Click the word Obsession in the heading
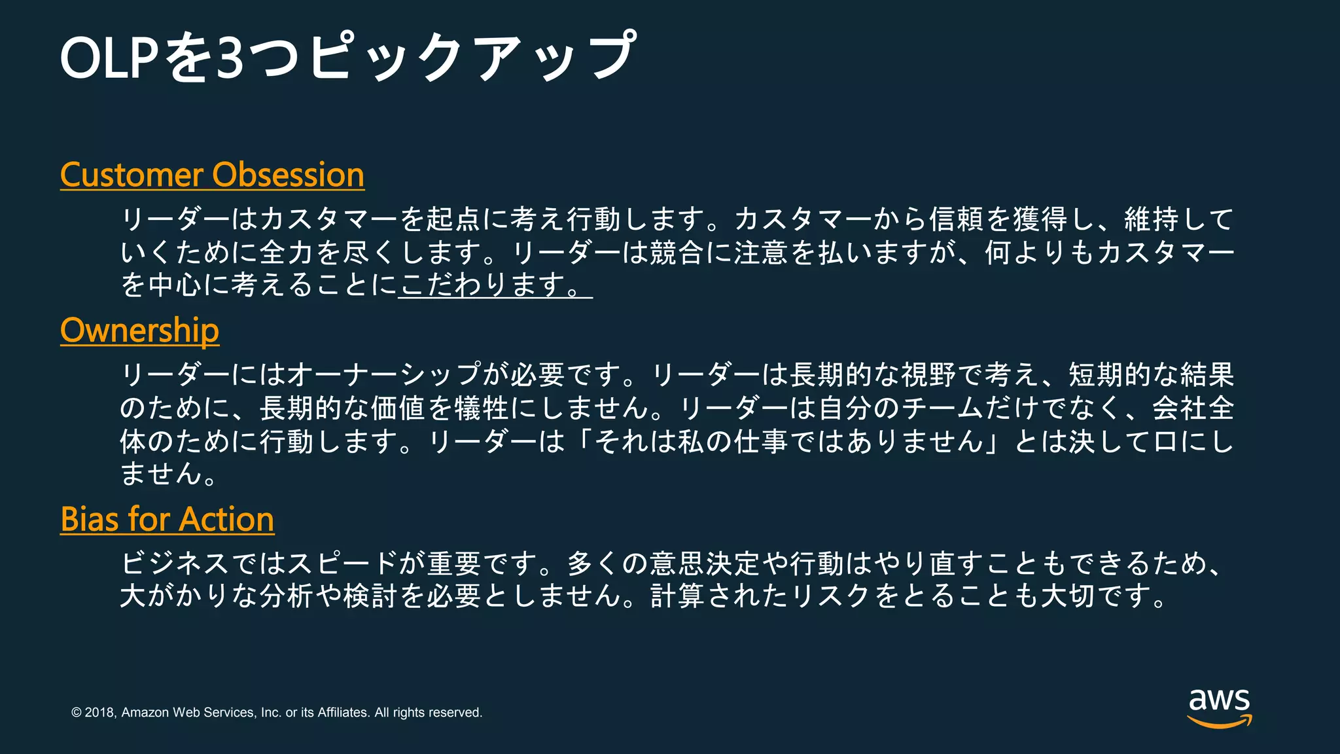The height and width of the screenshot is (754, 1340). [288, 175]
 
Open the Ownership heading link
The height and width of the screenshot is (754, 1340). [139, 331]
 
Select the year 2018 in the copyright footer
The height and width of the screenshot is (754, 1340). [100, 713]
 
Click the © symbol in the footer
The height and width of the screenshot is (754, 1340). [77, 713]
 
